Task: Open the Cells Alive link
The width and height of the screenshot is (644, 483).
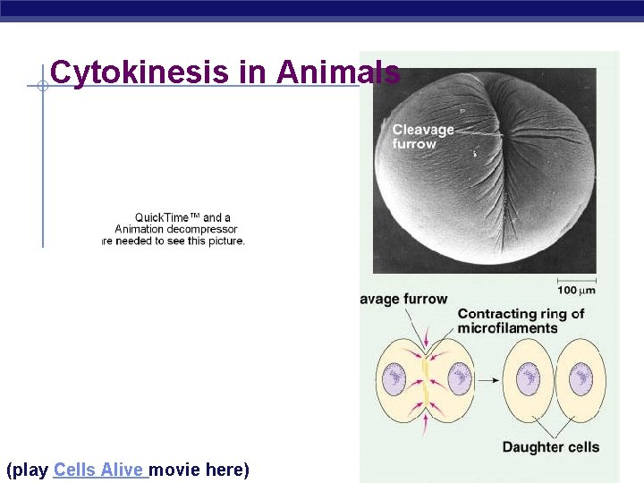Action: (x=100, y=470)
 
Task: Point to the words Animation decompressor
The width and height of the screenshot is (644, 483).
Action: (x=176, y=229)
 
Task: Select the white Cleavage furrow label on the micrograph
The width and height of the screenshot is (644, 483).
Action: (x=423, y=137)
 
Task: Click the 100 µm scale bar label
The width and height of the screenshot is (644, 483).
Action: (x=577, y=291)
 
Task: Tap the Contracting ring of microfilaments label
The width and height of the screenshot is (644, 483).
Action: (x=521, y=320)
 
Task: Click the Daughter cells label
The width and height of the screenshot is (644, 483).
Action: (x=550, y=447)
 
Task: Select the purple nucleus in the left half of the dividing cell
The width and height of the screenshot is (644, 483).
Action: (x=393, y=378)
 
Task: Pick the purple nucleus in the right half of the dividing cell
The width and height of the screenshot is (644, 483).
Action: (x=460, y=378)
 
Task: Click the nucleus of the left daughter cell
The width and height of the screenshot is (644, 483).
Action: (x=529, y=378)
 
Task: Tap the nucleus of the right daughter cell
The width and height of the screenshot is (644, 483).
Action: (x=582, y=378)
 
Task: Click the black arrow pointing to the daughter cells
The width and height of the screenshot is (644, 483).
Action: (x=487, y=379)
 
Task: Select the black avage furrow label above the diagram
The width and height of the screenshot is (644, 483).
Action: (x=403, y=299)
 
